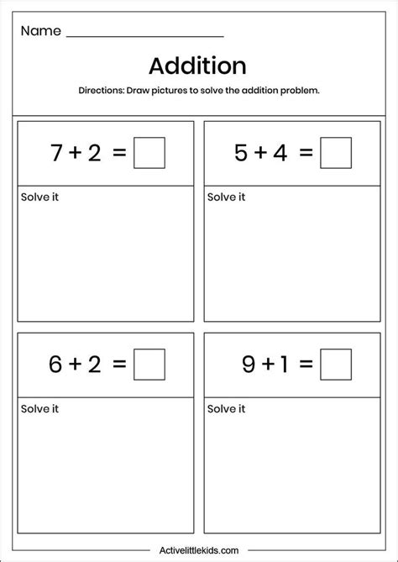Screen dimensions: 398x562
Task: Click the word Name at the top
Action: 41,31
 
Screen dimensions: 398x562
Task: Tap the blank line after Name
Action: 144,35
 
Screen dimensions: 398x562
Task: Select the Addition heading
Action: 197,66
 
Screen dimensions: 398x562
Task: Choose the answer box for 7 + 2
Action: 149,153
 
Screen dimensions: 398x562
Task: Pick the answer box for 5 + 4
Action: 335,153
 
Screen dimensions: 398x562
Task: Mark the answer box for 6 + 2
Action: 149,365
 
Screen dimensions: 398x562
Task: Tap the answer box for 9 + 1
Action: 335,365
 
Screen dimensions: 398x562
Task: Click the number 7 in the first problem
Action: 57,154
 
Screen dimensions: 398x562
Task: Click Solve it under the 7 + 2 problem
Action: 39,197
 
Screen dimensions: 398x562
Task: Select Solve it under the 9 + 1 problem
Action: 226,409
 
